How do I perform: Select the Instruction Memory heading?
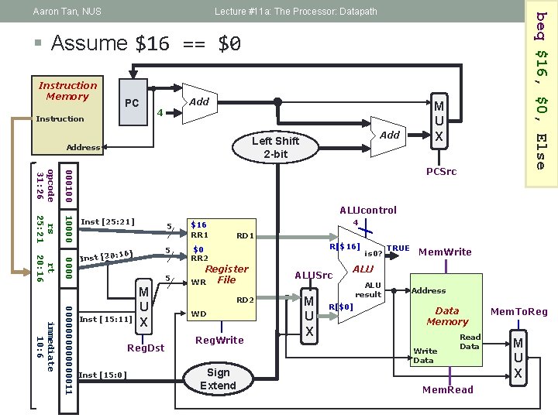coord(68,91)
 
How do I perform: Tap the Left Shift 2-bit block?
coord(275,148)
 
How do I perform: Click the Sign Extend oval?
coord(218,379)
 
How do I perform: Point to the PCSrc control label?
coord(442,171)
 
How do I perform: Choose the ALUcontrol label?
coord(368,210)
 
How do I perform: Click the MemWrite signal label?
coord(446,251)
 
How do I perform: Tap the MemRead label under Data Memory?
coord(448,389)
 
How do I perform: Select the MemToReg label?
coord(519,312)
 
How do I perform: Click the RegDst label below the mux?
coord(146,348)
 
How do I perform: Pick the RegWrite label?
coord(219,340)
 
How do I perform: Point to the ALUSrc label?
coord(314,275)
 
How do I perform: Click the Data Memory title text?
coord(447,316)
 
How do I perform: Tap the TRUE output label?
coord(398,248)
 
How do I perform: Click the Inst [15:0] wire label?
coord(103,375)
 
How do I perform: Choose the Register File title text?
coord(226,274)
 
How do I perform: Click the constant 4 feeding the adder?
coord(158,113)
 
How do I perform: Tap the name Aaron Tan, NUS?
coord(67,12)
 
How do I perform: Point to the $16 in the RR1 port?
coord(200,224)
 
